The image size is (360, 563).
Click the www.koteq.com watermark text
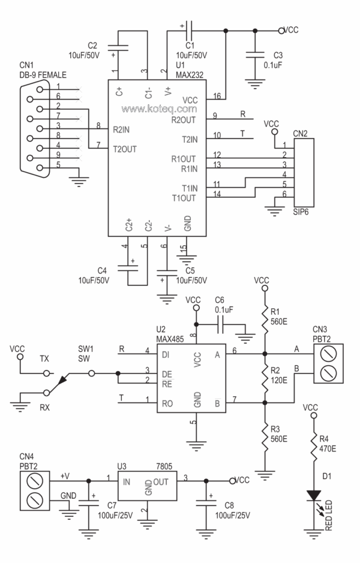tap(159, 109)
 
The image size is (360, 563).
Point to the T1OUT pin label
tap(184, 198)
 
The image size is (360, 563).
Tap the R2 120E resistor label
tap(278, 374)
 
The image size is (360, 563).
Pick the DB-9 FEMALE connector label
tap(43, 74)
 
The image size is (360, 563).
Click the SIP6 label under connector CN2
tap(300, 212)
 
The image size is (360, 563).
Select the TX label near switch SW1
tap(44, 359)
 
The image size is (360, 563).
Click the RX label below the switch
tap(44, 407)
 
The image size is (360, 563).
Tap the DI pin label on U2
tap(166, 354)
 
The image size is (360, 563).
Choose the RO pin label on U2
tap(167, 404)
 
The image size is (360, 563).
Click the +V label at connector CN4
tap(64, 475)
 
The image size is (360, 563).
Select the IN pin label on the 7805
tap(127, 481)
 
